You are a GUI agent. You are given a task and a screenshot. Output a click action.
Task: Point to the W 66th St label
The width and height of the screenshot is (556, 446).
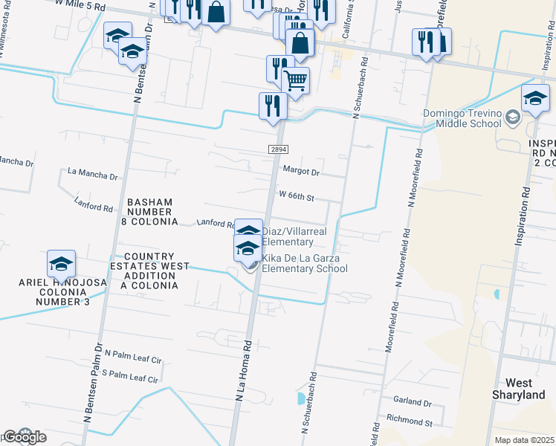pos(297,197)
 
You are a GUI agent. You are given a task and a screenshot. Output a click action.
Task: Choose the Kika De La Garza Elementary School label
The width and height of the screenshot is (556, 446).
pos(304,263)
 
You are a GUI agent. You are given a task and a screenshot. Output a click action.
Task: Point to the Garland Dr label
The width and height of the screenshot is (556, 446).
pos(415,402)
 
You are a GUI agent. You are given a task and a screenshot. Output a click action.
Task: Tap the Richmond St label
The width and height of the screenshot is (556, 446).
pos(406,421)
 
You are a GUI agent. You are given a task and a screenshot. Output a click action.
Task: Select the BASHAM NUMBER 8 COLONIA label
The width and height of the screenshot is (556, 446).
pos(151,212)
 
